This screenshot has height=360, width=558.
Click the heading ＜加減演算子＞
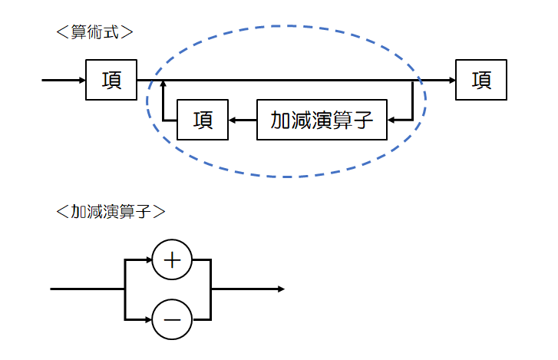pyautogui.click(x=111, y=211)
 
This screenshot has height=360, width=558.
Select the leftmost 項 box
pyautogui.click(x=111, y=80)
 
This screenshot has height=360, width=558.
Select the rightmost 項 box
pyautogui.click(x=481, y=80)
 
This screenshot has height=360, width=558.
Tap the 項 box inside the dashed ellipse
pyautogui.click(x=203, y=120)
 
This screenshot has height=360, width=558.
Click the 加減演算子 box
pyautogui.click(x=322, y=120)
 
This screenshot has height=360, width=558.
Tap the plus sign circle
pyautogui.click(x=172, y=261)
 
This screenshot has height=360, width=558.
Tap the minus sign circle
pyautogui.click(x=172, y=319)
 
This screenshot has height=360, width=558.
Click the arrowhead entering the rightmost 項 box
pyautogui.click(x=451, y=80)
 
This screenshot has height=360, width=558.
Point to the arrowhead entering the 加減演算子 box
pyautogui.click(x=392, y=120)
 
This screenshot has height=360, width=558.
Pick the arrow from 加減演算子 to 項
pyautogui.click(x=243, y=120)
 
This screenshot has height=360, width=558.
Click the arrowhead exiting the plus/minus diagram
pyautogui.click(x=281, y=289)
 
